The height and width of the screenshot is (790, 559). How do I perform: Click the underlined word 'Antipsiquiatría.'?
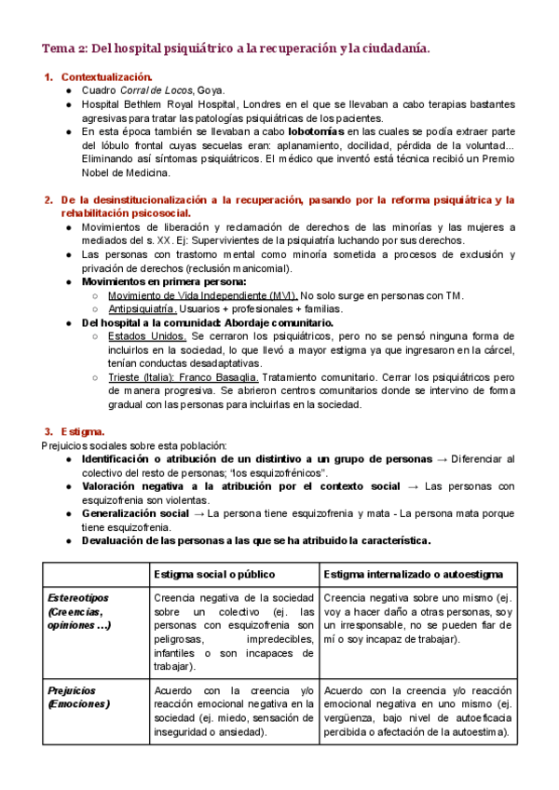coord(143,309)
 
